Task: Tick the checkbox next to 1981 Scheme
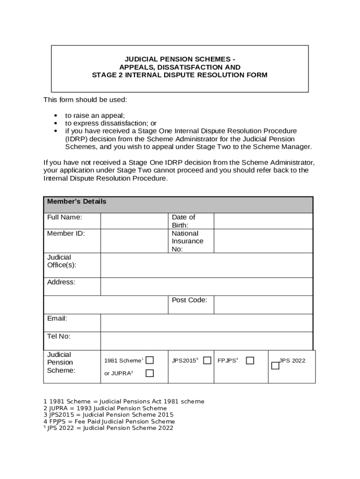(x=150, y=360)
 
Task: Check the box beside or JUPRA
(x=150, y=373)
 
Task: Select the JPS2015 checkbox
(x=207, y=360)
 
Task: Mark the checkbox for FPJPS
(x=250, y=360)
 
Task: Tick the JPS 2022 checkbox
(x=275, y=366)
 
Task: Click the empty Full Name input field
(x=134, y=221)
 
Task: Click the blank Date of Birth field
(x=263, y=221)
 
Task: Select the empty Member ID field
(x=134, y=240)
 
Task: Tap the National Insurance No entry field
(x=263, y=240)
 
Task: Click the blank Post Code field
(x=263, y=305)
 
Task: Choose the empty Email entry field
(x=206, y=323)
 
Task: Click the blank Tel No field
(x=206, y=341)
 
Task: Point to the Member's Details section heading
(x=77, y=202)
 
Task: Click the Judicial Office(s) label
(x=62, y=261)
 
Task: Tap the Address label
(x=61, y=282)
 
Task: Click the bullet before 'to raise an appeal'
(x=56, y=116)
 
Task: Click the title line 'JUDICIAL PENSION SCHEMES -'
(x=180, y=59)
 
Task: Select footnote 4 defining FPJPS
(x=109, y=421)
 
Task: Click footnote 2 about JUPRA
(x=105, y=408)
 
